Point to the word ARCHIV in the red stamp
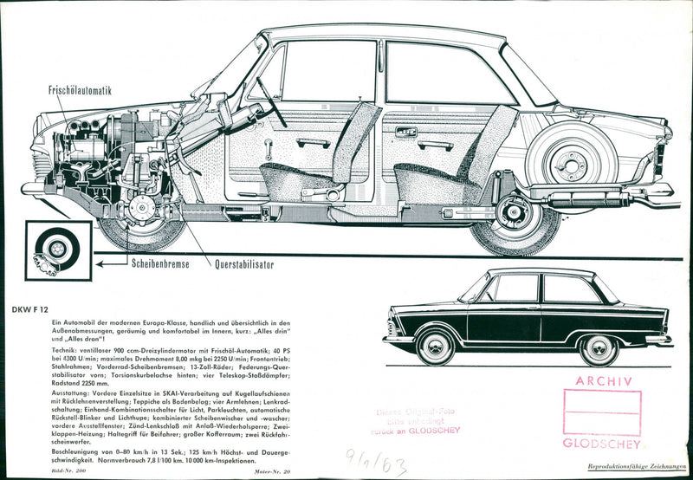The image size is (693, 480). click(602, 380)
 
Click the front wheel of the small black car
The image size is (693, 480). click(436, 346)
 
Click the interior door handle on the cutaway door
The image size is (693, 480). click(405, 133)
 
